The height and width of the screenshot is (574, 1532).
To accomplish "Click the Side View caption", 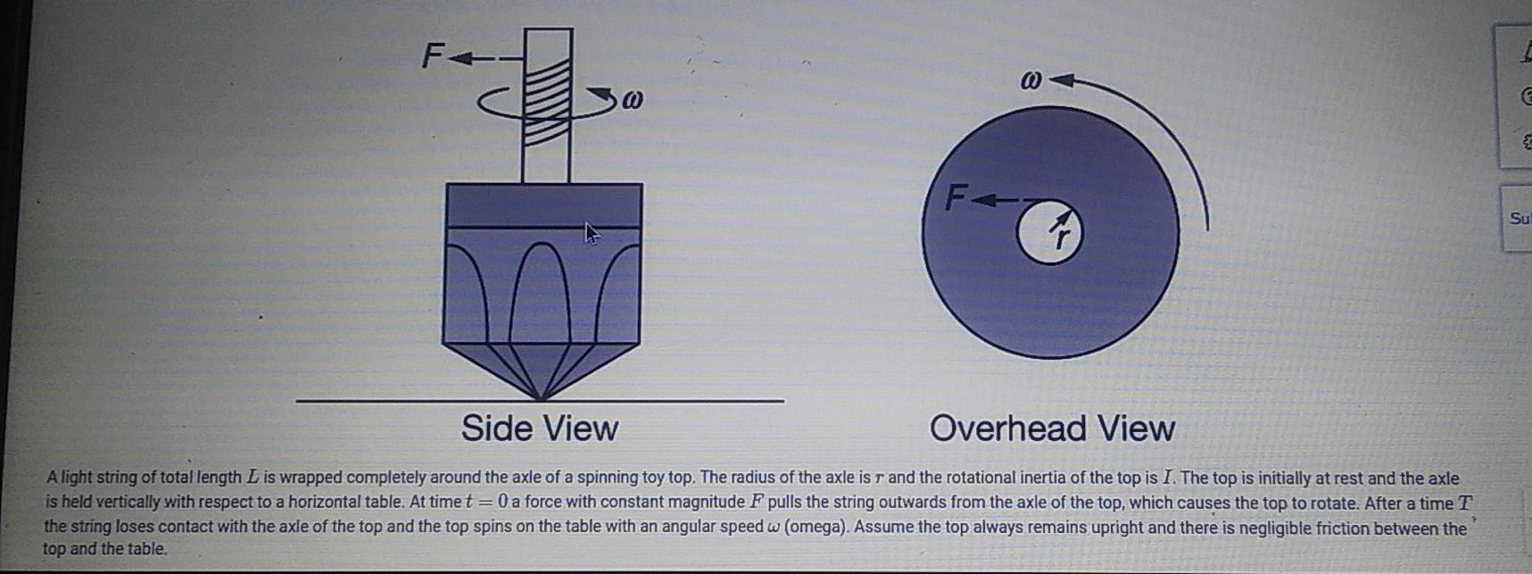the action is (x=539, y=428).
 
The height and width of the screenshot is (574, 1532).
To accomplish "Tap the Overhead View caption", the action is (x=1052, y=428).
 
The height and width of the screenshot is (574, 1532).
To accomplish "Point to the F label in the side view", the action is (x=432, y=57).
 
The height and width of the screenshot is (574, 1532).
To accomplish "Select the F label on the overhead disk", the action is (x=956, y=195).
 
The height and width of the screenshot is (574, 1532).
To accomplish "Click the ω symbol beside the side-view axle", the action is (x=632, y=97).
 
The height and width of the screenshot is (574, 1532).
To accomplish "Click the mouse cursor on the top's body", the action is (x=591, y=233).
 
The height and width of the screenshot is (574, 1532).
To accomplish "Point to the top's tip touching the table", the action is (x=541, y=396).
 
